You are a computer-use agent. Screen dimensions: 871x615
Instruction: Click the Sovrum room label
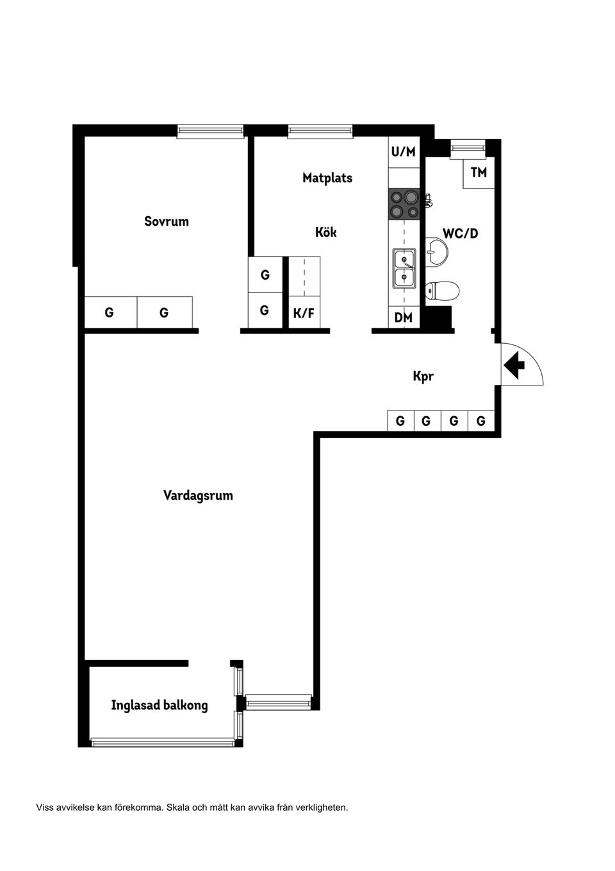point(167,221)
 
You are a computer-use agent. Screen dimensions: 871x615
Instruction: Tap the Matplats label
point(327,178)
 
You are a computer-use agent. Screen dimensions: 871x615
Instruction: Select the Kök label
point(325,232)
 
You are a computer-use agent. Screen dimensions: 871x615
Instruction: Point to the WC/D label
point(460,233)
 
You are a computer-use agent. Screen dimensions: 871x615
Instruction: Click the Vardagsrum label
point(198,495)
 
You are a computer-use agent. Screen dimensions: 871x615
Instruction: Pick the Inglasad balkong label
point(160,706)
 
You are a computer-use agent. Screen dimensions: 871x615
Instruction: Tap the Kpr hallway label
point(423,376)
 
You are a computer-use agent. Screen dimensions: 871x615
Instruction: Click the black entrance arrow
point(514,366)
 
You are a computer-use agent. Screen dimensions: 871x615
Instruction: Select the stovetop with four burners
point(404,204)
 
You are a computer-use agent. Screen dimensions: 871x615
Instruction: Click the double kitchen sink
point(404,268)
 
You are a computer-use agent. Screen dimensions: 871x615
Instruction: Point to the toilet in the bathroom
point(443,291)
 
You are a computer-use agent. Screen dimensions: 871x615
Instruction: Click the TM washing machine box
point(479,173)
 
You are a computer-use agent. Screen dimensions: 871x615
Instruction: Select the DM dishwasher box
point(404,317)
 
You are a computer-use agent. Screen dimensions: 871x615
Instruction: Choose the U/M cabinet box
point(404,152)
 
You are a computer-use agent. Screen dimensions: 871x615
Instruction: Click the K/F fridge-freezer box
point(304,314)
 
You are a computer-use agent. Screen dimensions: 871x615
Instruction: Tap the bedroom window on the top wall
point(211,131)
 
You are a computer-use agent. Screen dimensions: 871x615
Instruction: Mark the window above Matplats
point(320,131)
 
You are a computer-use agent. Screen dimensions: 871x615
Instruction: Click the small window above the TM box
point(469,149)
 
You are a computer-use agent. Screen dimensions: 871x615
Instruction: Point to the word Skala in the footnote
point(178,808)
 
